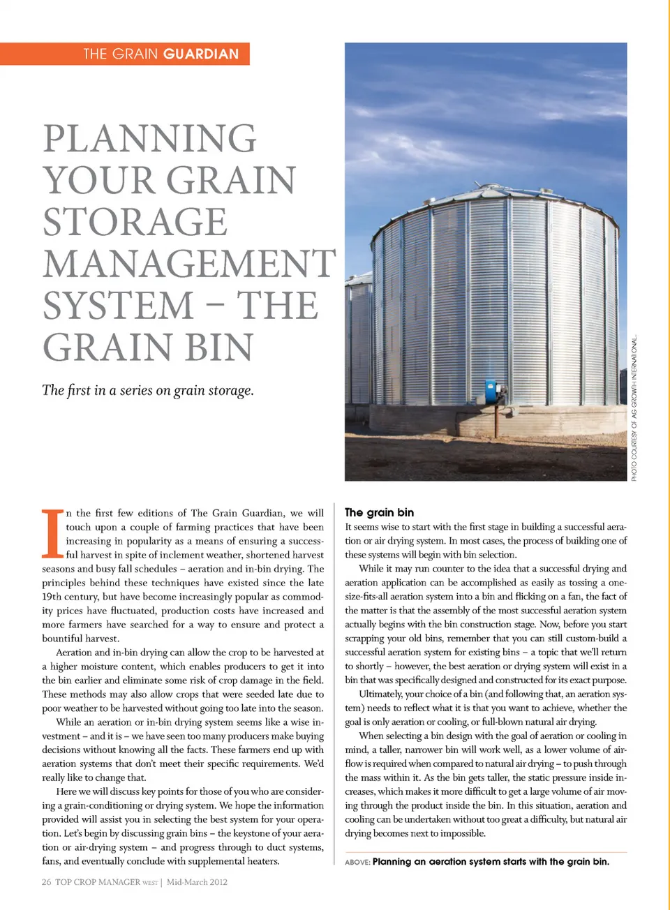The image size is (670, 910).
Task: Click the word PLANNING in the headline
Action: tap(150, 138)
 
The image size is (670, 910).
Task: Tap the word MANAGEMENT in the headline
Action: tap(189, 264)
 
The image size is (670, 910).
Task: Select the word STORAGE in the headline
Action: tap(135, 222)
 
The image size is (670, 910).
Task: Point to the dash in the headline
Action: tap(216, 306)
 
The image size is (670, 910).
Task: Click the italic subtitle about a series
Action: tap(148, 390)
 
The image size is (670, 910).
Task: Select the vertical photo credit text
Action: tap(634, 408)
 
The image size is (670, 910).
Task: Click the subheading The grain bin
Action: tap(379, 512)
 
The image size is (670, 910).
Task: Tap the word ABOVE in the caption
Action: tap(357, 863)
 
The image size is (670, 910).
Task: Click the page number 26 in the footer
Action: tap(46, 882)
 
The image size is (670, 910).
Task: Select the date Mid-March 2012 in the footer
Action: tap(197, 882)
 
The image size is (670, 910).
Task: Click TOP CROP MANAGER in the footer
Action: tap(98, 882)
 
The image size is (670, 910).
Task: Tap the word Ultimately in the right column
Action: tap(380, 694)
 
